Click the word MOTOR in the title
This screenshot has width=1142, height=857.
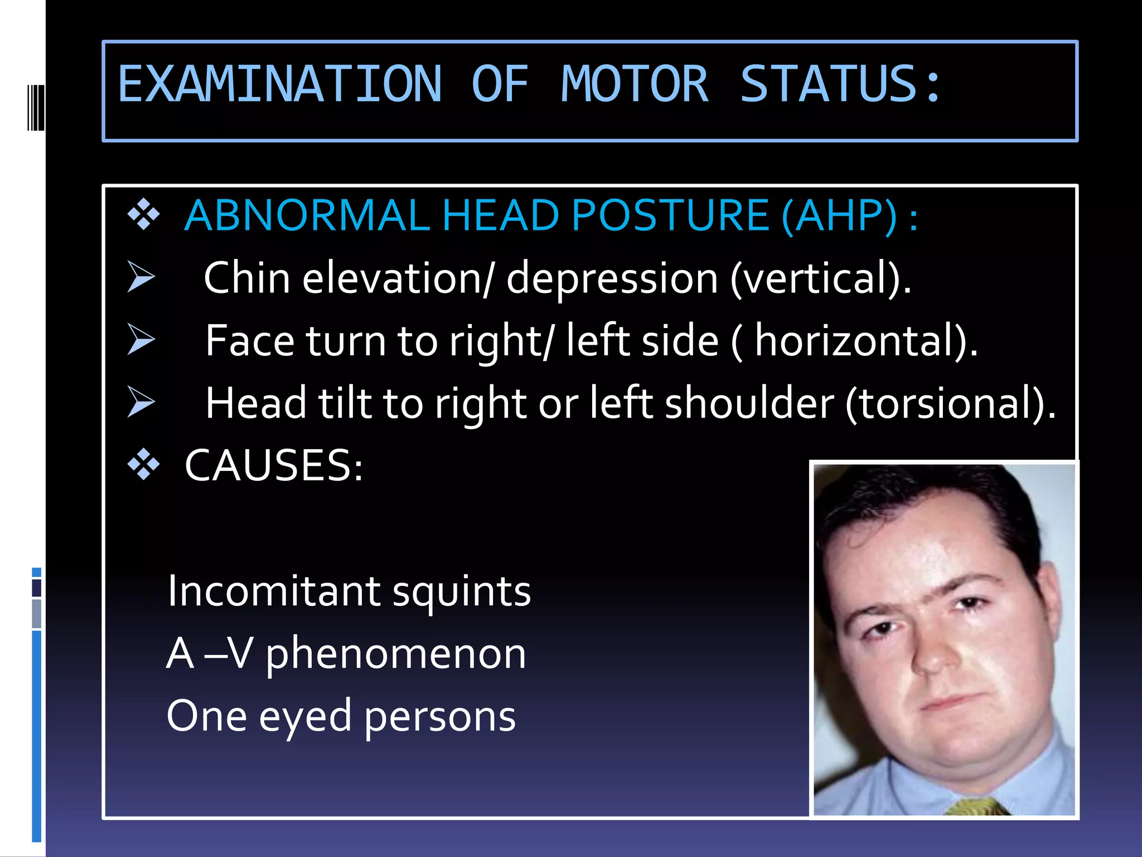pos(635,85)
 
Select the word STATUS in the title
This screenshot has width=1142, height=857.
pos(829,85)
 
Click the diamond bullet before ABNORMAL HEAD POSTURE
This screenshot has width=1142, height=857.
pos(143,215)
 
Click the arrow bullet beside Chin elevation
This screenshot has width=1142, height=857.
pos(141,277)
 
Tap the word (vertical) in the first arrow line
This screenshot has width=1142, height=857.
pos(820,278)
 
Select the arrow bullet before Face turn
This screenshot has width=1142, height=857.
pos(141,339)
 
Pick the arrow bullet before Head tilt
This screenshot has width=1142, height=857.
pos(141,402)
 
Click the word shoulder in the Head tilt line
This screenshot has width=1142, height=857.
pos(749,403)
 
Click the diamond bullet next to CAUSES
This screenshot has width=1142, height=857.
pos(143,464)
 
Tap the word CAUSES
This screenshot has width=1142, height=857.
pos(274,465)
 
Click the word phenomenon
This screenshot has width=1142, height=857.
pos(395,654)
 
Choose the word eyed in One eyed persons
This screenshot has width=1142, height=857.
pos(305,717)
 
